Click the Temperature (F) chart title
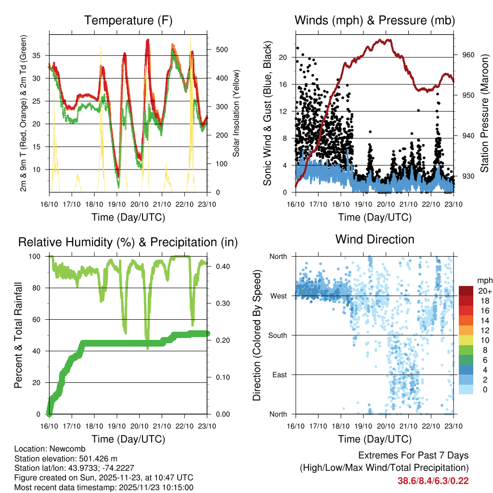[x=128, y=20]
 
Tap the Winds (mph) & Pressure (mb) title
[x=375, y=20]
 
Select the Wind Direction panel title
[x=375, y=239]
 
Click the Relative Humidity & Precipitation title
[x=128, y=242]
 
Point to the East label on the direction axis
[x=279, y=375]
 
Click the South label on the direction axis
[x=277, y=335]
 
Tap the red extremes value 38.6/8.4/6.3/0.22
[x=433, y=480]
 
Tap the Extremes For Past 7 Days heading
[x=413, y=455]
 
